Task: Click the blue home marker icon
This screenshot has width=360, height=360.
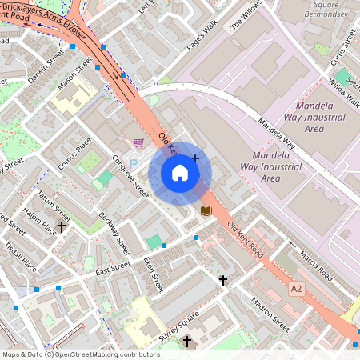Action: pos(180,172)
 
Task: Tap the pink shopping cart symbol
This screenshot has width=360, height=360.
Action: pos(138,143)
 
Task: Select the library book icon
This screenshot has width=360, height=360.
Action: pos(206,210)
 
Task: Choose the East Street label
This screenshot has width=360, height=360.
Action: pos(112,270)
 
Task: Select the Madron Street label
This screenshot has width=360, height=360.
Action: pos(270,314)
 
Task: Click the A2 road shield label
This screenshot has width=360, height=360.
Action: pos(298,288)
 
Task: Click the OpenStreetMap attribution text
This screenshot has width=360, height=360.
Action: pos(80,354)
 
